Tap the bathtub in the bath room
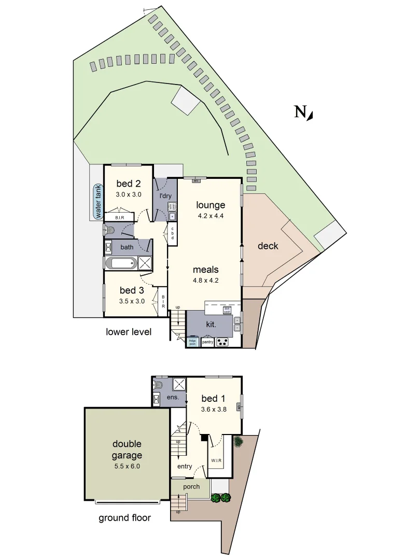[x=121, y=263]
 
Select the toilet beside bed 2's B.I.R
[x=110, y=229]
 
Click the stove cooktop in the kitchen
[x=222, y=342]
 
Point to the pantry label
[x=207, y=342]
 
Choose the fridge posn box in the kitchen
[x=192, y=342]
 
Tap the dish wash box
[x=227, y=310]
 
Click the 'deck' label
[x=268, y=246]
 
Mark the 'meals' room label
[x=206, y=269]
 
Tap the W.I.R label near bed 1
[x=216, y=460]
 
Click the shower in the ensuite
[x=179, y=384]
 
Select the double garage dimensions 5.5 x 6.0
[x=127, y=466]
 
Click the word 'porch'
[x=191, y=487]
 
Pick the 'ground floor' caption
[x=125, y=518]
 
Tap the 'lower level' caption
[x=129, y=332]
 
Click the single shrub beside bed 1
[x=238, y=442]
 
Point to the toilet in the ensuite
[x=159, y=385]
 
